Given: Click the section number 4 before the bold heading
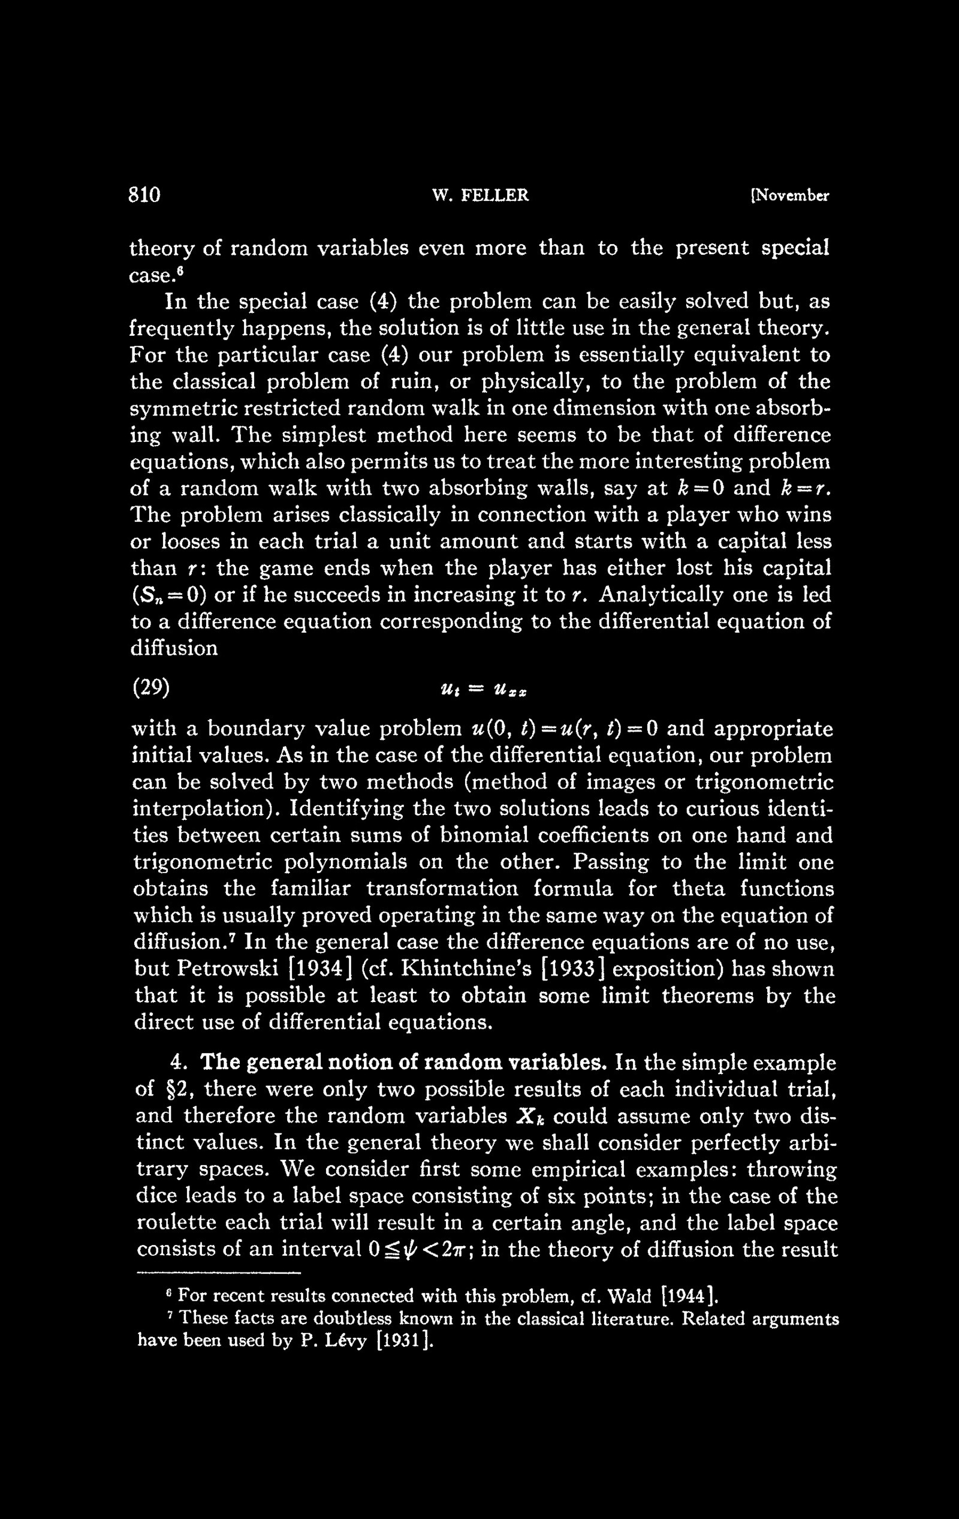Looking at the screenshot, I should tap(178, 1063).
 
